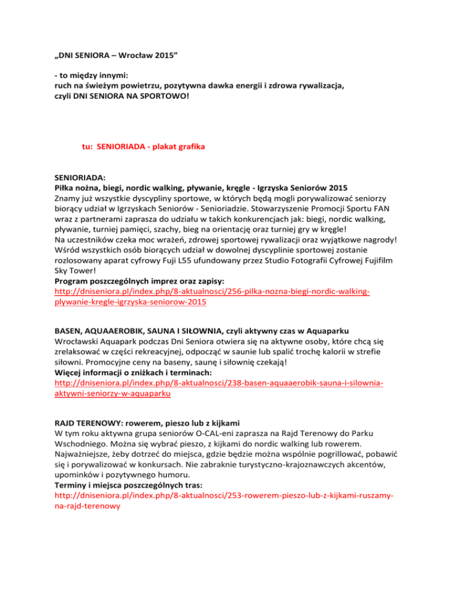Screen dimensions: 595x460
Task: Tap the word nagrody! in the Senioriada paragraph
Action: (x=387, y=238)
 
